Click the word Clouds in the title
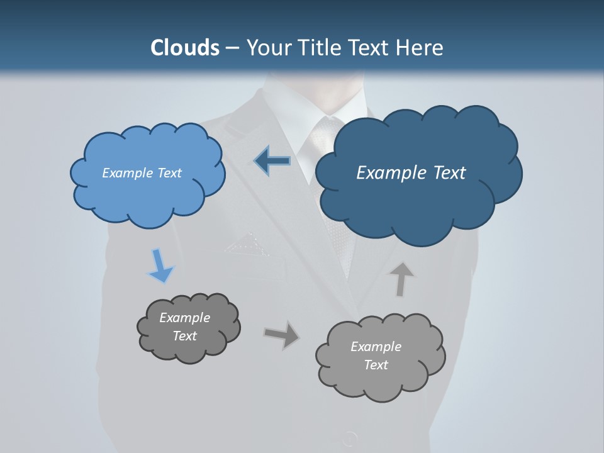[185, 48]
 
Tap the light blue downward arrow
[160, 266]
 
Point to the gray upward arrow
[401, 279]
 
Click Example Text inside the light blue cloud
[142, 173]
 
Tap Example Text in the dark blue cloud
[411, 173]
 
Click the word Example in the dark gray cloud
[184, 318]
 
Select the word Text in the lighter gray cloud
[376, 365]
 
